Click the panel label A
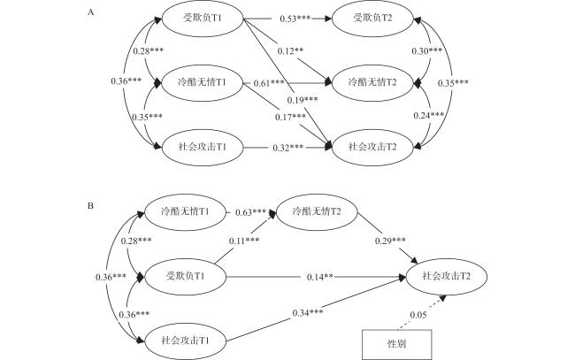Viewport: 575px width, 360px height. point(90,12)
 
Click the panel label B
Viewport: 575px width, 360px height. point(90,206)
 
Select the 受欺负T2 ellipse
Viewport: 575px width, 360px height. point(372,19)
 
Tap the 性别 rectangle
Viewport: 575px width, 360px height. point(397,344)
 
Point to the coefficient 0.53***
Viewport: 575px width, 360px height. point(295,19)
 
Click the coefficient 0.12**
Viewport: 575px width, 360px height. point(290,51)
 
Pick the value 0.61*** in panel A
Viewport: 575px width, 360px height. point(269,83)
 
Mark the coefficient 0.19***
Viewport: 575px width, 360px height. point(303,100)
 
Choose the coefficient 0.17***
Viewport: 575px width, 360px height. point(290,117)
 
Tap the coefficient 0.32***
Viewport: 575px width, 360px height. point(287,148)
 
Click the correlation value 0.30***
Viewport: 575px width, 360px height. point(427,51)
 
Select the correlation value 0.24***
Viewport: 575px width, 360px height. point(429,116)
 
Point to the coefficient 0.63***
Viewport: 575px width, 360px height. point(251,212)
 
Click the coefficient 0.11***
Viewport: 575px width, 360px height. point(244,241)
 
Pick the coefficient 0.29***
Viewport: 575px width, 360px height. point(390,241)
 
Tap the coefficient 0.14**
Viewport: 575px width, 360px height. point(319,277)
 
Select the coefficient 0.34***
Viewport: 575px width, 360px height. point(308,313)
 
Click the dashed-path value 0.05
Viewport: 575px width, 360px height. point(418,315)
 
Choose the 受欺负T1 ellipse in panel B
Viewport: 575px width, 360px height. point(185,277)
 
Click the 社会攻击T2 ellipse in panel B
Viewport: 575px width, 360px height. point(446,277)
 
